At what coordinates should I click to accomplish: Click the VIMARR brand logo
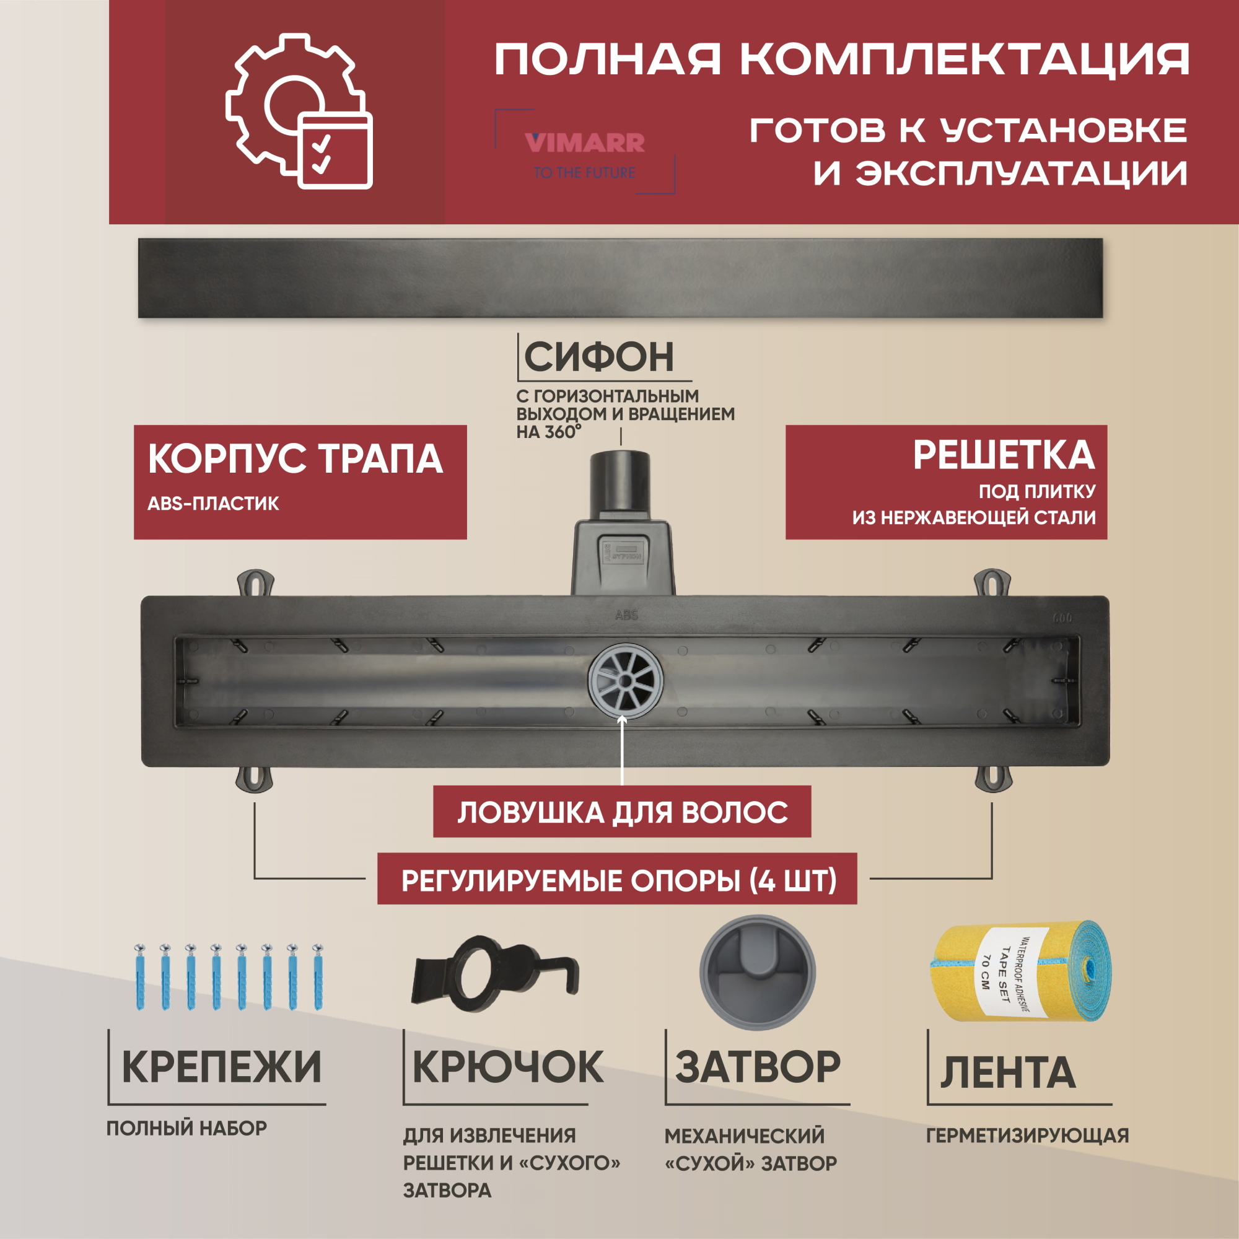point(584,143)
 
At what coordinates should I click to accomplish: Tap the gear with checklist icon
point(299,113)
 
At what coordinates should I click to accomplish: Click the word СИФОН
point(599,357)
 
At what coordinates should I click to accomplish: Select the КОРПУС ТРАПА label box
point(299,481)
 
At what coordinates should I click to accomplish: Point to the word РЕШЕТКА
point(1004,456)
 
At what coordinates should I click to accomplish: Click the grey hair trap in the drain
point(624,678)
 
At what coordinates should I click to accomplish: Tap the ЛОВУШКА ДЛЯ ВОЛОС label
point(622,813)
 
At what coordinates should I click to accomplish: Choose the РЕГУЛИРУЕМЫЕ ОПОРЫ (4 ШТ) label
point(618,880)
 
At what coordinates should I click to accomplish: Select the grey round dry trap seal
point(757,972)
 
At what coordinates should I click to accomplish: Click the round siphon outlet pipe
point(620,481)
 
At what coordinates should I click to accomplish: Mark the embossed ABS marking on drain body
point(626,615)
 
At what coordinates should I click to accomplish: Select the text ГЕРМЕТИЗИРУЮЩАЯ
point(1027,1136)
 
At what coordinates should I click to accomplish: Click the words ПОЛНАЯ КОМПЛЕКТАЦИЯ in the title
point(841,59)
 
